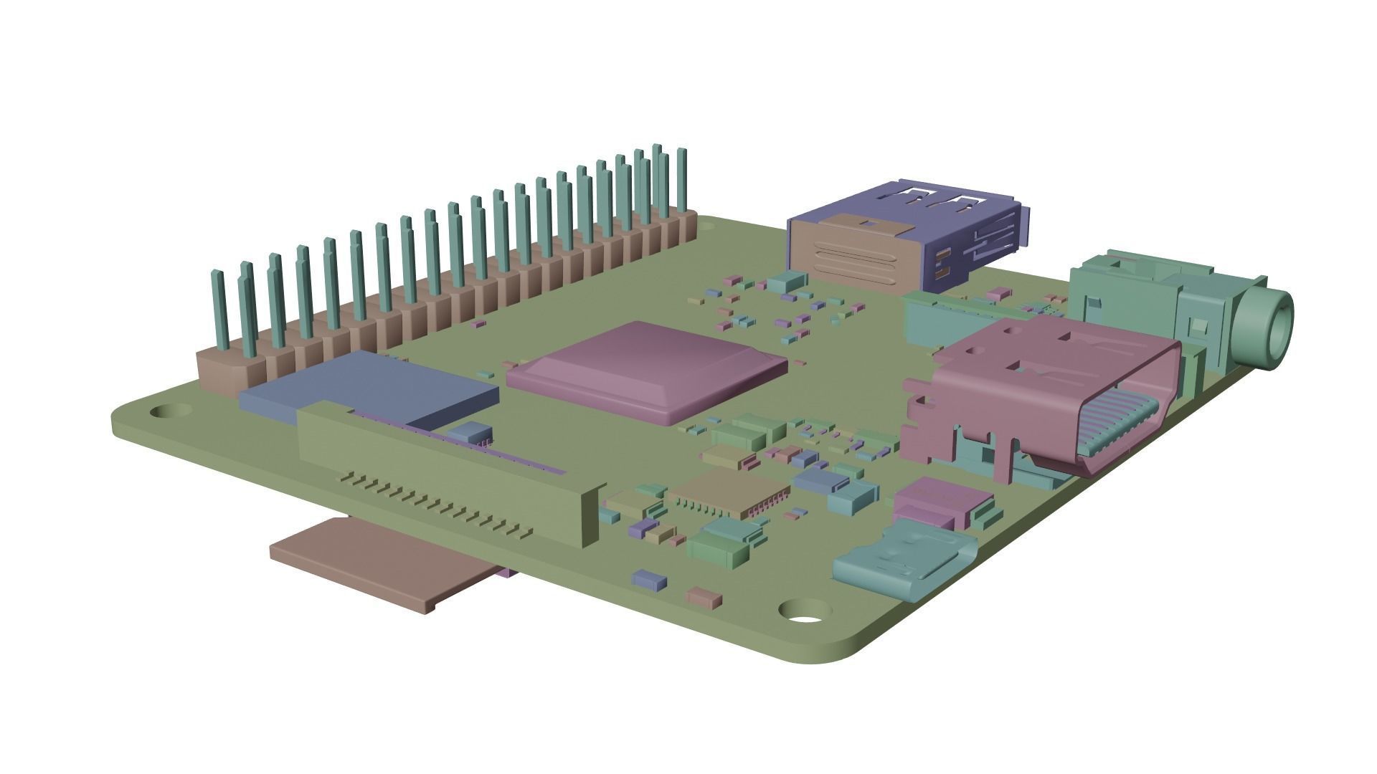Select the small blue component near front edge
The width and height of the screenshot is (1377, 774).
649,579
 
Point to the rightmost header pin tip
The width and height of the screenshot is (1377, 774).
681,154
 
